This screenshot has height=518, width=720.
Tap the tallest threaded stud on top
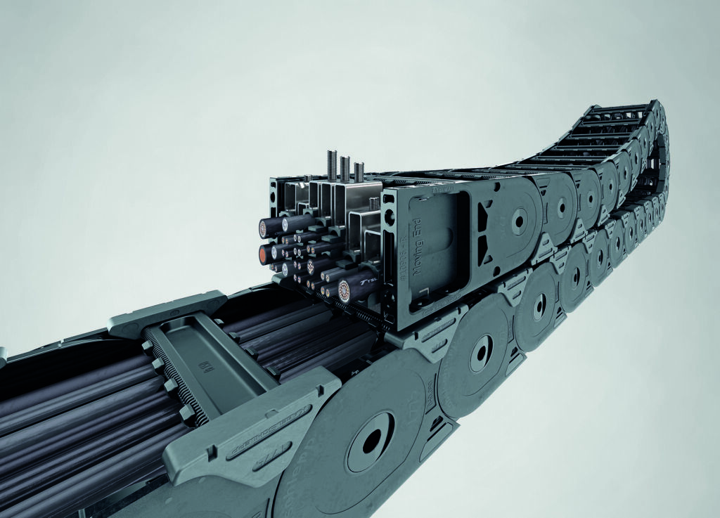(x=344, y=167)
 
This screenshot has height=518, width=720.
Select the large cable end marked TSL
(x=349, y=287)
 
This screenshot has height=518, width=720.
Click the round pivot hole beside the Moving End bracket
(x=519, y=220)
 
